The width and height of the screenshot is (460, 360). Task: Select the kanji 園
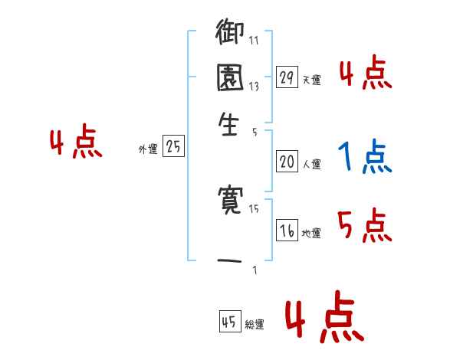[231, 79]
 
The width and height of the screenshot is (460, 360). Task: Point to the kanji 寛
[231, 201]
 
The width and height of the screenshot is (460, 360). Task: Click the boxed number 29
[287, 77]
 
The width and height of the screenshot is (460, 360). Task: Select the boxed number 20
[287, 161]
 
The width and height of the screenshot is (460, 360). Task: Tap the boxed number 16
[287, 231]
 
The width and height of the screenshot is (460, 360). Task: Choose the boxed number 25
[173, 147]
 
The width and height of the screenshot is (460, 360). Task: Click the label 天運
[310, 80]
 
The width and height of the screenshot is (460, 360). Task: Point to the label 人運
[311, 164]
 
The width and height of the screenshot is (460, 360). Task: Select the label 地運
[311, 234]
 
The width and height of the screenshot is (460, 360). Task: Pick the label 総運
[255, 325]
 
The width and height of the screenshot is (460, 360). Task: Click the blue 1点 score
[364, 157]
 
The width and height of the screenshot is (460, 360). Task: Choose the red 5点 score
[364, 225]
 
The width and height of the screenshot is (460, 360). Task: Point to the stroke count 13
[254, 87]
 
